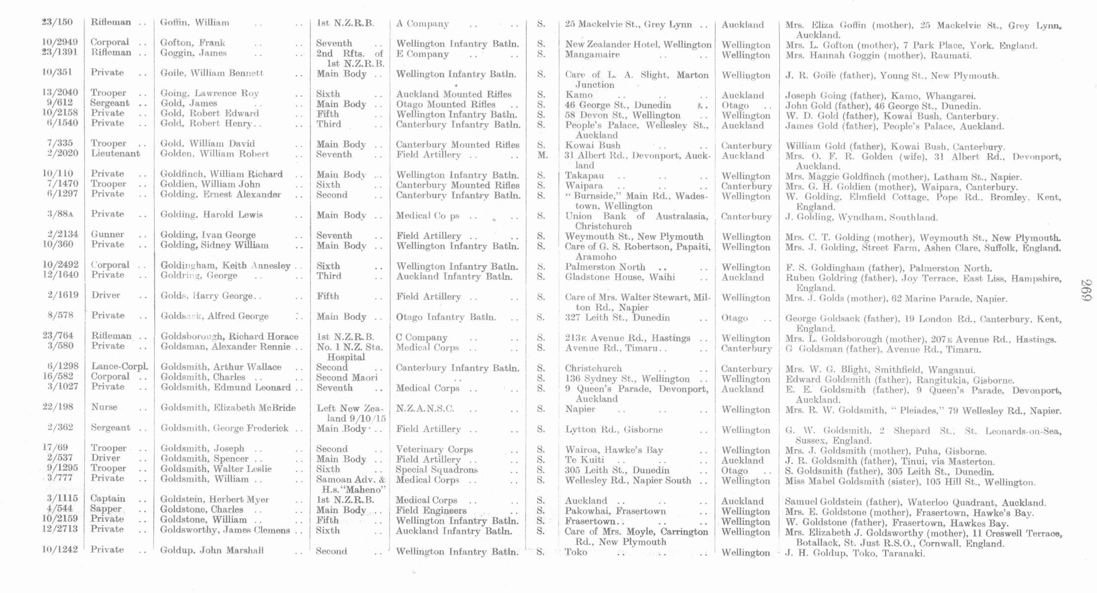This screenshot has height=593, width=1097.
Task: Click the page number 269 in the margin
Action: click(x=1086, y=290)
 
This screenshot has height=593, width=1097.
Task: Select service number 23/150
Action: click(x=57, y=22)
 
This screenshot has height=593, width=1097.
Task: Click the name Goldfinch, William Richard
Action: click(x=221, y=175)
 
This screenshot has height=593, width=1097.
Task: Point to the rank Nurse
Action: click(x=104, y=407)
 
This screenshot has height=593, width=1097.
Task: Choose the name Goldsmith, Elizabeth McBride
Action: click(x=228, y=408)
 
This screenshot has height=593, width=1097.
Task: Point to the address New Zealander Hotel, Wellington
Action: click(x=638, y=45)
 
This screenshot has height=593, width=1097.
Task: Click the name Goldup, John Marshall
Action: click(x=212, y=551)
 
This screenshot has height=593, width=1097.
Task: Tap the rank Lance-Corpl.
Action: click(x=119, y=367)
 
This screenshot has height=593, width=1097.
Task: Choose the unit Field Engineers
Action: click(x=431, y=511)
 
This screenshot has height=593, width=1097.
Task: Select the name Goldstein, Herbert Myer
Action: click(x=214, y=499)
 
